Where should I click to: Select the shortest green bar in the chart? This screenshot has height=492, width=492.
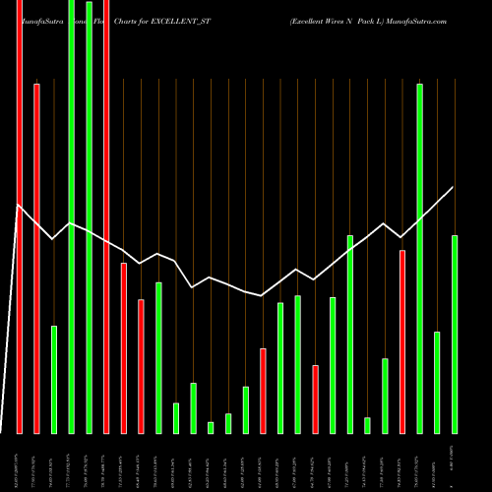[x=211, y=427]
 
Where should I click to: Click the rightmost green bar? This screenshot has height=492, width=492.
[x=455, y=335]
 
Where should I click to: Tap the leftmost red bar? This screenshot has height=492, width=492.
[x=19, y=216]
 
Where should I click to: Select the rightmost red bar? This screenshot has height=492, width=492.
[x=402, y=341]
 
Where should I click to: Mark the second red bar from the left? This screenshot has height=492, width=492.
[x=36, y=258]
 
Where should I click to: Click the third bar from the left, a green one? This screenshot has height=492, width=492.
[x=54, y=379]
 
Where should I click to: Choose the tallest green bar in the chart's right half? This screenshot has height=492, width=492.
[x=420, y=258]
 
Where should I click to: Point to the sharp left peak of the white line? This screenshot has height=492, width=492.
[x=19, y=205]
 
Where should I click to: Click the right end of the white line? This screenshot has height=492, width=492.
[x=454, y=187]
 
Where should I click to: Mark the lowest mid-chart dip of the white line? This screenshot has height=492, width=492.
[x=262, y=296]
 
